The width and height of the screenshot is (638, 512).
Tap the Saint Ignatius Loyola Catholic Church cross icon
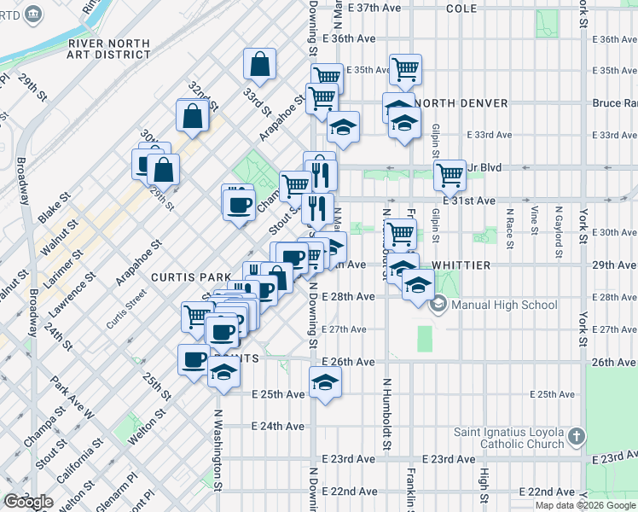click(577, 438)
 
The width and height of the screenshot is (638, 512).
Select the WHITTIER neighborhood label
click(461, 265)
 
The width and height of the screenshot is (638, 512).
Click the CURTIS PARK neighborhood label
click(191, 277)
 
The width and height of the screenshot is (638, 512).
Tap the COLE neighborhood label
click(461, 8)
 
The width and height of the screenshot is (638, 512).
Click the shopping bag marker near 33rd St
click(259, 64)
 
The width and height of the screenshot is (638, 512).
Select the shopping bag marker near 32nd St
click(193, 116)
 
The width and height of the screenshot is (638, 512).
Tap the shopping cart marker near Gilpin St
click(449, 175)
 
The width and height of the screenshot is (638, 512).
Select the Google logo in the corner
click(29, 502)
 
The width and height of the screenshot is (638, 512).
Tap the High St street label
click(484, 486)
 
